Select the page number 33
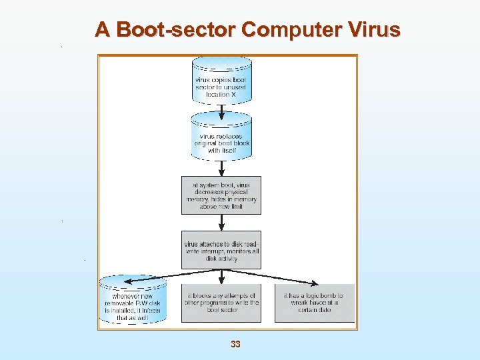[235, 344]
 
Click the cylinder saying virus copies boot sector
[221, 81]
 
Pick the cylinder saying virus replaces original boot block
[221, 137]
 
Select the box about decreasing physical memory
[221, 195]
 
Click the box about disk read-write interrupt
[221, 250]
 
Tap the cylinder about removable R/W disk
[133, 300]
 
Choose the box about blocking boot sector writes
[221, 303]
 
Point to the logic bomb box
[314, 303]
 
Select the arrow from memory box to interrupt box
[221, 223]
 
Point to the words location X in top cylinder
[221, 95]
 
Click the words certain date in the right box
[313, 310]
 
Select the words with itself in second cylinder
[221, 151]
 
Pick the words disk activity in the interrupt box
[221, 259]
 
